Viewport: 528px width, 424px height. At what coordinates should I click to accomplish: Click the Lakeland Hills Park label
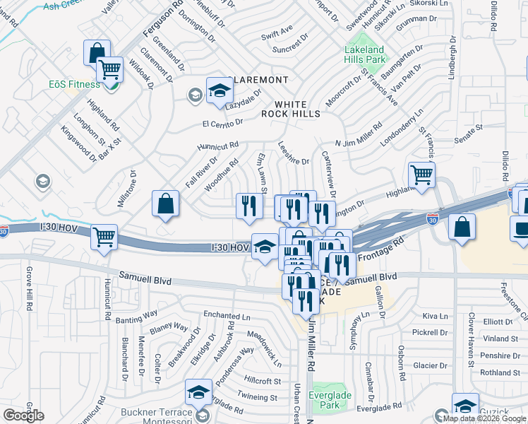[364, 55]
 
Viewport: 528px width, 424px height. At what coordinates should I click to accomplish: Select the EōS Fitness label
[73, 84]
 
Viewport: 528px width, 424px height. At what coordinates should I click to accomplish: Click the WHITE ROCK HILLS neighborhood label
[290, 108]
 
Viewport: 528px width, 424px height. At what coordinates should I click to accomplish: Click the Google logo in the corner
[23, 416]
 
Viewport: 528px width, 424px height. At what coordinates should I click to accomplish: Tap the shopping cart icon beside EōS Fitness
[109, 69]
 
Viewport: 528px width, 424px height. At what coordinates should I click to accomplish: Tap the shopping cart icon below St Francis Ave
[421, 173]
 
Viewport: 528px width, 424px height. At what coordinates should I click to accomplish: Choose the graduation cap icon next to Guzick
[465, 405]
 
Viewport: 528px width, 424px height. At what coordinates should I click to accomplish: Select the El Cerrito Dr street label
[222, 123]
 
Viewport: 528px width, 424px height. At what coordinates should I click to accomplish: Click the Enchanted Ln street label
[227, 316]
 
